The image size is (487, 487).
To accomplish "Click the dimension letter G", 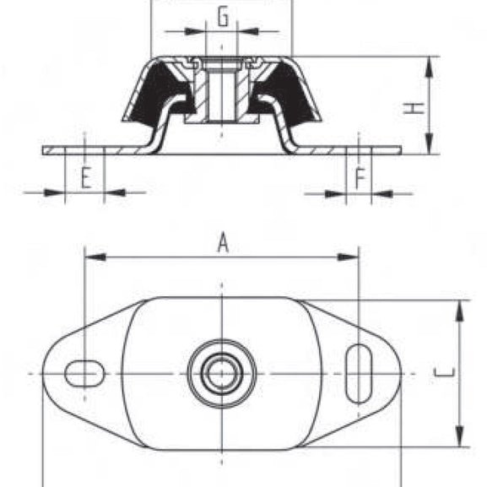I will click(222, 16).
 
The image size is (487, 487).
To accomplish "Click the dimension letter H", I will click(414, 108).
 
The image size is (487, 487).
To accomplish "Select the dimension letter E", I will click(84, 177).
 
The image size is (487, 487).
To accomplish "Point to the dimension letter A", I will click(223, 243).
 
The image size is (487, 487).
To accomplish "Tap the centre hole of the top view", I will click(222, 372).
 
